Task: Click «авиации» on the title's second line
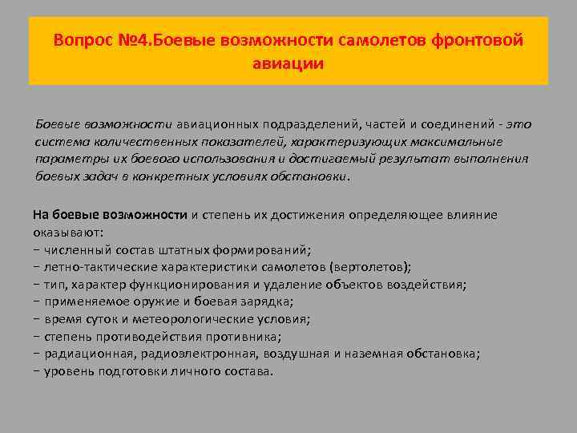[x=288, y=64]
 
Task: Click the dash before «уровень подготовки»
[x=37, y=371]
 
